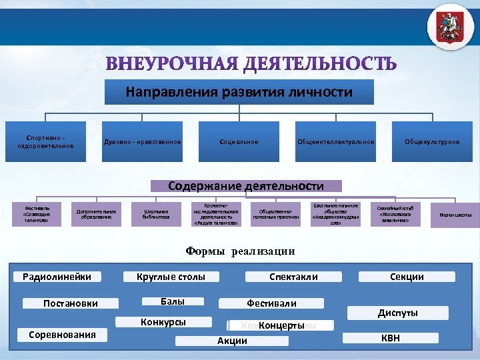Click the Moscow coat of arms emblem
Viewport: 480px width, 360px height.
coord(450,27)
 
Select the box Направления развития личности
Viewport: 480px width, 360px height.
coord(239,91)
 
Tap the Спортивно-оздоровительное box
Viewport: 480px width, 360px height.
coord(45,142)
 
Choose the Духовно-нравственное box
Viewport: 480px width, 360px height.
coord(142,142)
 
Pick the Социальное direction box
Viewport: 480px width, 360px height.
coord(239,142)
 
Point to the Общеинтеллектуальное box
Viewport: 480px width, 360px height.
coord(335,142)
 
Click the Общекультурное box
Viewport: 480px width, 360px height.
coord(432,142)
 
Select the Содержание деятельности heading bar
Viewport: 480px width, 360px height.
coord(246,186)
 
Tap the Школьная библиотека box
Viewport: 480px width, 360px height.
coord(156,214)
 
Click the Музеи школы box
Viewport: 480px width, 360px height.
coord(455,215)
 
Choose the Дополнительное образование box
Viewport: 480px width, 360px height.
coord(96,214)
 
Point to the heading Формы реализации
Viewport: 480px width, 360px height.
coord(239,251)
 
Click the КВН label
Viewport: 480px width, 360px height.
coord(391,338)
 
